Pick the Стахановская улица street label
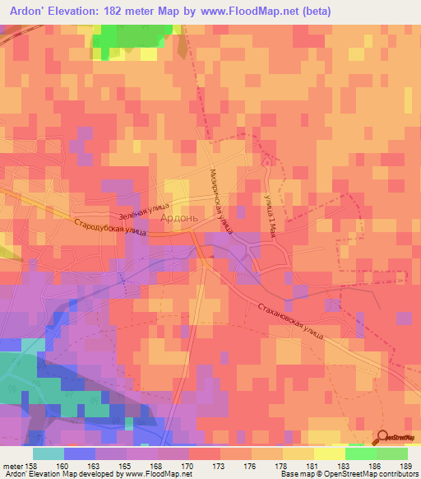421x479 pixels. [291, 321]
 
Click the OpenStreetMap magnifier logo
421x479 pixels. [383, 437]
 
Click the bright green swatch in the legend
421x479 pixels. [360, 453]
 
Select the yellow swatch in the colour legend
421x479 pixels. [329, 453]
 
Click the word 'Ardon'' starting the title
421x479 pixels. [25, 9]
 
